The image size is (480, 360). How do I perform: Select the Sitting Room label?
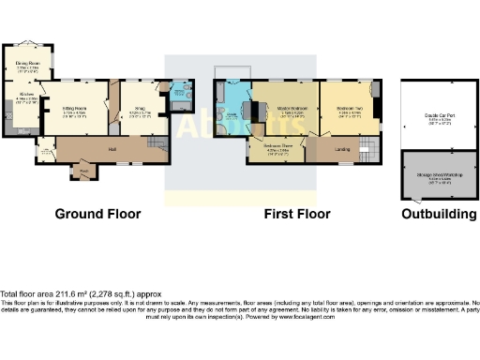[x=74, y=110]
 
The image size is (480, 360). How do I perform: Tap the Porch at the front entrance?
[x=83, y=171]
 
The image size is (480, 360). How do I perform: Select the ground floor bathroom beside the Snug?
[x=180, y=95]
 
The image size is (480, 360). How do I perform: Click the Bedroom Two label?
[x=349, y=110]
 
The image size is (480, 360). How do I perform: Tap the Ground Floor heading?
[x=97, y=214]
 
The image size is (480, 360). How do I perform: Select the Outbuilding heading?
[x=438, y=214]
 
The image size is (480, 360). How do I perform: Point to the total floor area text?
[x=74, y=293]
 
